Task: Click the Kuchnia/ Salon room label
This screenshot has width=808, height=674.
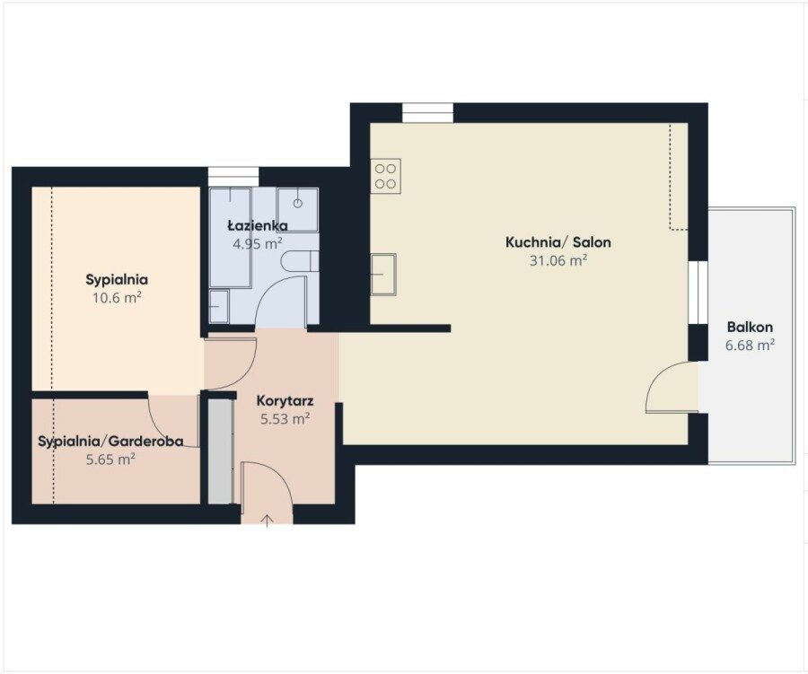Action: [x=558, y=242]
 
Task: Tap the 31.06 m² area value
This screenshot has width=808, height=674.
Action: [x=558, y=260]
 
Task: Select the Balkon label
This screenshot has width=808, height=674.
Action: [x=750, y=327]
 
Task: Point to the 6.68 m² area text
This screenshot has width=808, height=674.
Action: [x=750, y=345]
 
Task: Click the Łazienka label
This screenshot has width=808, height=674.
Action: [x=258, y=225]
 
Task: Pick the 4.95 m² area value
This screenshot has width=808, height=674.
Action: [x=257, y=243]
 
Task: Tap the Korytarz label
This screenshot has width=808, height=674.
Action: [x=285, y=401]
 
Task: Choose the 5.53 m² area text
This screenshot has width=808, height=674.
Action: [x=285, y=418]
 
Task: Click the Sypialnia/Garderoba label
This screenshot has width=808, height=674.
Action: [x=110, y=441]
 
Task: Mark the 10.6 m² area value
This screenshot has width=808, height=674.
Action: [x=117, y=297]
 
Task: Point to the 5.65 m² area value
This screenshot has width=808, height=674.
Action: [x=110, y=459]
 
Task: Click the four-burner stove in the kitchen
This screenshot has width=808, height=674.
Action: [x=385, y=176]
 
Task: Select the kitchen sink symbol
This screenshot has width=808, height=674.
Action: [x=383, y=274]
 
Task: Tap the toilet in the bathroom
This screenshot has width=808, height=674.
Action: [x=301, y=261]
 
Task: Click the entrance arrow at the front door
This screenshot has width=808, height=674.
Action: [x=267, y=521]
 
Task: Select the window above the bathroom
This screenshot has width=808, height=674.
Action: [x=233, y=176]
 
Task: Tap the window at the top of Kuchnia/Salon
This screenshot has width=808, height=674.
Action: [x=427, y=113]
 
